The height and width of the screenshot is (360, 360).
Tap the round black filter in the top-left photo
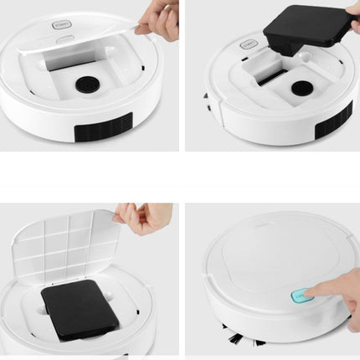(x=87, y=85)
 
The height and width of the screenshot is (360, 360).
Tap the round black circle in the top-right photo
(x=302, y=87)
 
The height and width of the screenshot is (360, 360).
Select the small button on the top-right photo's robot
(x=249, y=44)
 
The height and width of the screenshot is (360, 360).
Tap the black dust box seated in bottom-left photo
(x=80, y=306)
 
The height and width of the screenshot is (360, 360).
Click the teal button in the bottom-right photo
(x=301, y=295)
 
